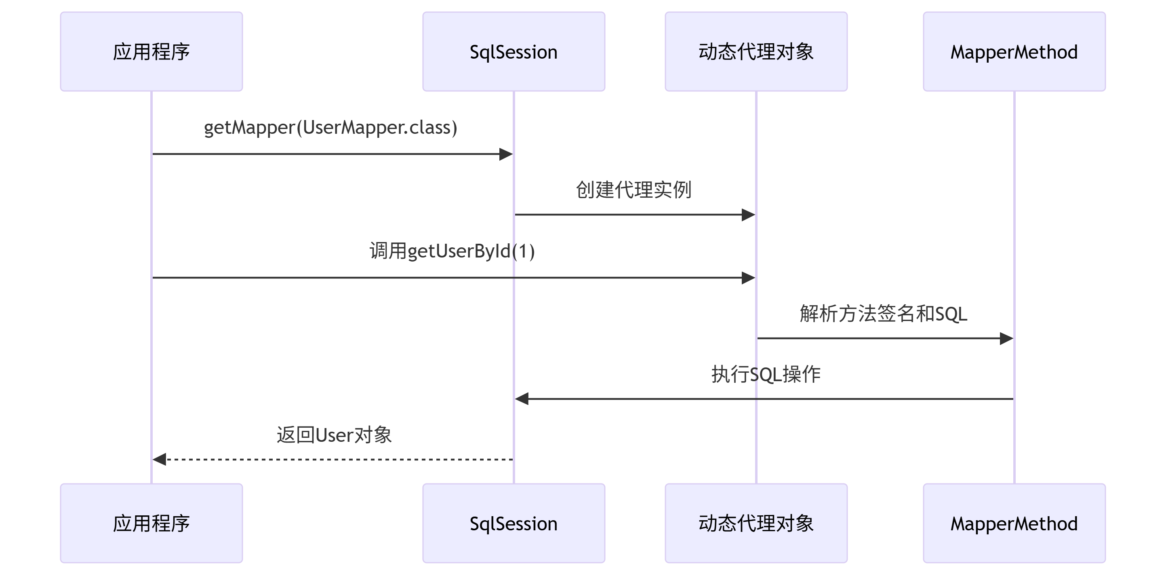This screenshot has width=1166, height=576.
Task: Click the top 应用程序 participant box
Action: click(151, 52)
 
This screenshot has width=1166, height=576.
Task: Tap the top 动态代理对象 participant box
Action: click(756, 52)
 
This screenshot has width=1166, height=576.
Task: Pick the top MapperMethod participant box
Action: click(1014, 52)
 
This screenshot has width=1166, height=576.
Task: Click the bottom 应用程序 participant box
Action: click(151, 523)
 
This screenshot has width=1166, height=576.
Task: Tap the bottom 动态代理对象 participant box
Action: click(756, 523)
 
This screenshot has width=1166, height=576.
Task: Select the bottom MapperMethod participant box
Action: click(1014, 523)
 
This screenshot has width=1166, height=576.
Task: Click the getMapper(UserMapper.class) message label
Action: click(330, 127)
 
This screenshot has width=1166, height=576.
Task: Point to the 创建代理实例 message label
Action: click(633, 189)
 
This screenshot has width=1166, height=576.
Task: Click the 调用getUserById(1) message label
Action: click(452, 251)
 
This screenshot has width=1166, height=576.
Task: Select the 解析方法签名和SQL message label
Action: click(883, 313)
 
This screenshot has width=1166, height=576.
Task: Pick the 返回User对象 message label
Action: click(334, 435)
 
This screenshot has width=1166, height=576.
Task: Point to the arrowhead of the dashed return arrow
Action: click(159, 459)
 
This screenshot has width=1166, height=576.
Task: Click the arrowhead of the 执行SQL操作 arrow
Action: click(522, 399)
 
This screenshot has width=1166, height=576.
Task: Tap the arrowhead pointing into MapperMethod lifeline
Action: click(1006, 338)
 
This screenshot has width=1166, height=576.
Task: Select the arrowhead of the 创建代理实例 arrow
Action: click(748, 215)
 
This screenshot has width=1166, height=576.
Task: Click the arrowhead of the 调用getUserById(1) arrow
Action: click(748, 278)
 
